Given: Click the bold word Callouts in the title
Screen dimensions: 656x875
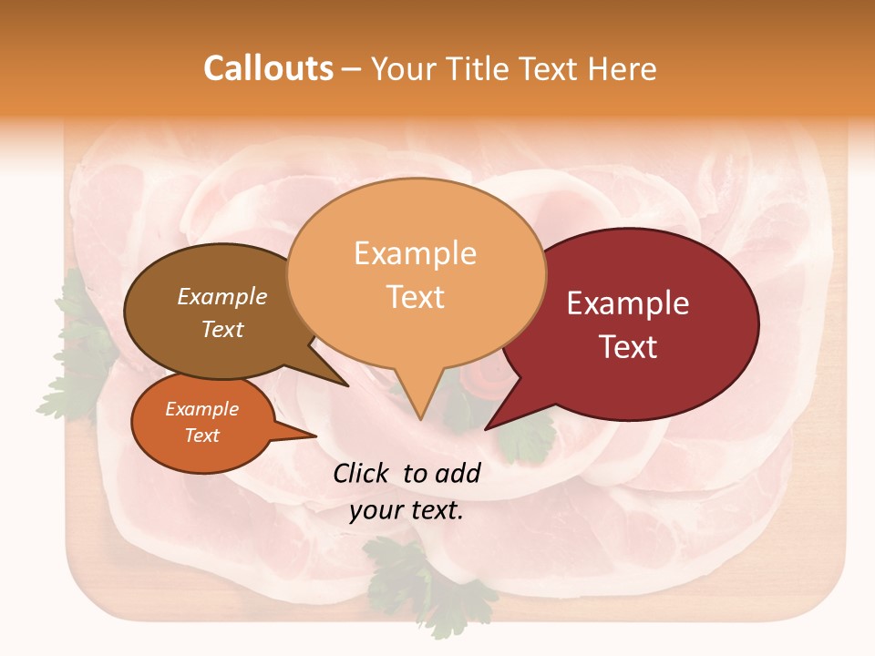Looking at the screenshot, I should [x=268, y=68].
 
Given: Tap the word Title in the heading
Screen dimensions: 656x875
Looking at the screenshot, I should [x=478, y=69].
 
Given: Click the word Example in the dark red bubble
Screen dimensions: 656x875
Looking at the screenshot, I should [x=628, y=303].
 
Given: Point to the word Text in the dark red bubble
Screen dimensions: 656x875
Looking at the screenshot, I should [x=628, y=346].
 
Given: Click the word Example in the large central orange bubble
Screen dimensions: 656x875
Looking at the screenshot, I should [x=415, y=253].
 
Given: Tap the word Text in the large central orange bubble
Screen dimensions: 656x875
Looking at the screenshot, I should [x=415, y=297].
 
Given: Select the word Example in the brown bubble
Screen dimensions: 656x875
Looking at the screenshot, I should [x=222, y=296].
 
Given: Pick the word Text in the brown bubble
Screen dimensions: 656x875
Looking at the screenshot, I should [x=222, y=329].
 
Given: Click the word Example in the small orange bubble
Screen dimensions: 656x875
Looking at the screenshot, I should [x=201, y=409].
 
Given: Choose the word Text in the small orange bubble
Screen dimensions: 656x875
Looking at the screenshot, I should [x=201, y=436].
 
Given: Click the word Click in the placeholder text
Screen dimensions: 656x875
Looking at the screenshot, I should [x=361, y=473].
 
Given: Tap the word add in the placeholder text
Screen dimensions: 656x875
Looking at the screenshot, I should [x=458, y=473].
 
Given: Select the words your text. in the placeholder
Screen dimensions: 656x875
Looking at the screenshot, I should [x=407, y=510].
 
